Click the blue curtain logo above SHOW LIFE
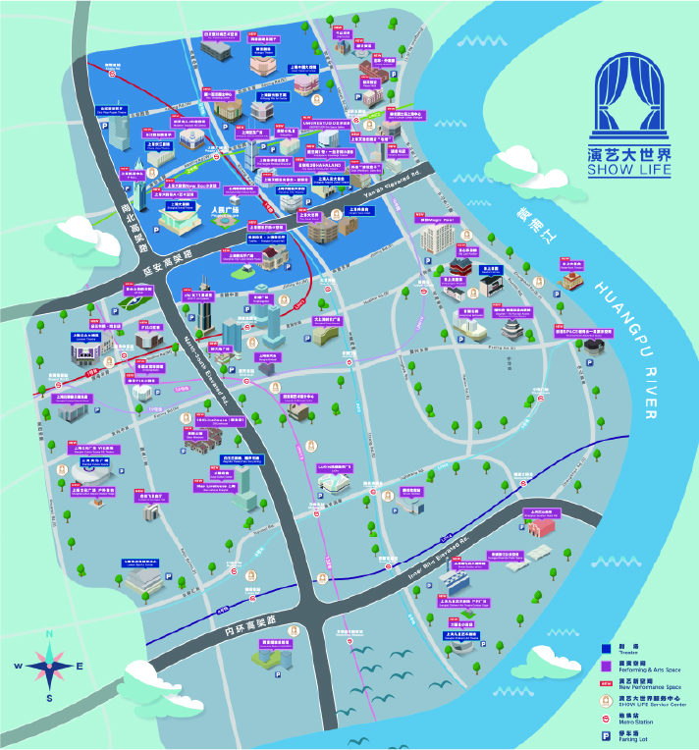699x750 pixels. coord(632,98)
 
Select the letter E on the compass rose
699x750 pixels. coord(80,667)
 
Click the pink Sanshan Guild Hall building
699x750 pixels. coord(541,526)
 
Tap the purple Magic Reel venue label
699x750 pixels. coord(437,221)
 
